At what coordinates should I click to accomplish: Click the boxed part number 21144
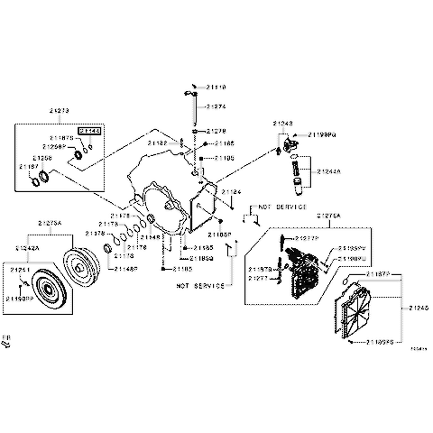point(90,131)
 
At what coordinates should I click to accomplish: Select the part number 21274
point(215,106)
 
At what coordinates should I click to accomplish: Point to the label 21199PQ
point(322,134)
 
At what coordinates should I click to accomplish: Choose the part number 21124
point(232,192)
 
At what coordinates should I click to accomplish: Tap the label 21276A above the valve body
point(329,216)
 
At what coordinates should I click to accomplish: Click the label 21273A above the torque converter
point(50,222)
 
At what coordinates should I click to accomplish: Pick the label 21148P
point(126,268)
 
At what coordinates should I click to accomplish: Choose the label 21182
point(157,143)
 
